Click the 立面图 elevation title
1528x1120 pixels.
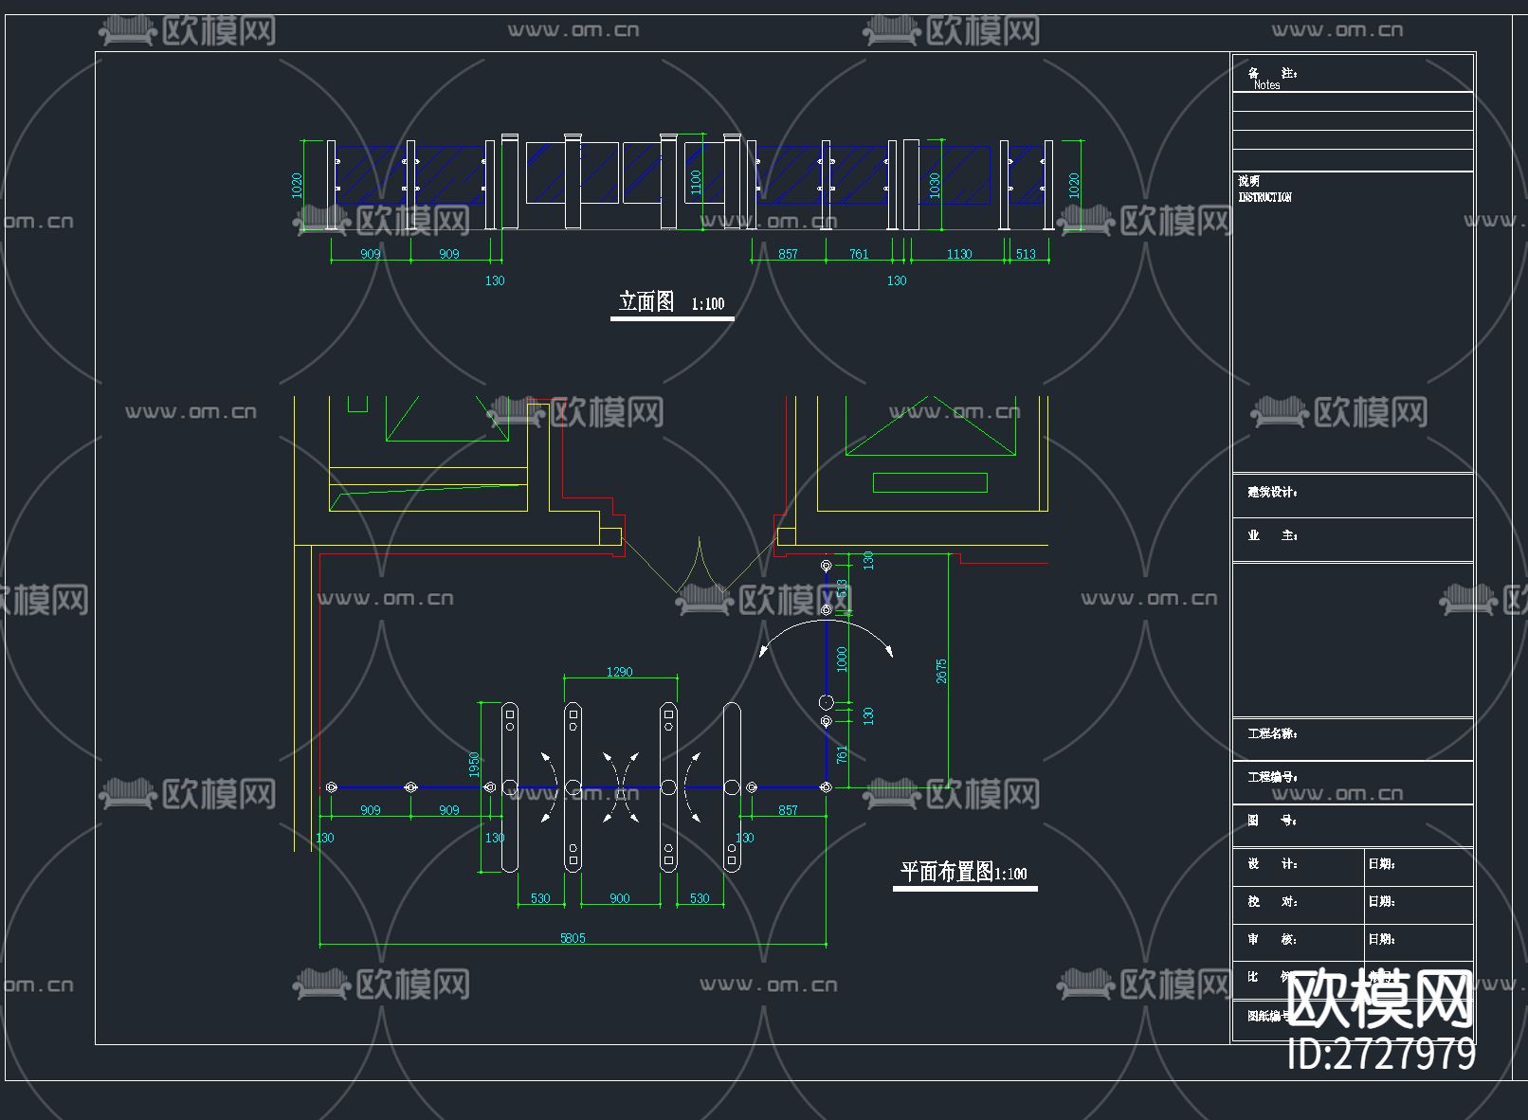coord(646,301)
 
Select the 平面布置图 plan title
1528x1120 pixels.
coord(946,872)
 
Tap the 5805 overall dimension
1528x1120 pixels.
coord(573,938)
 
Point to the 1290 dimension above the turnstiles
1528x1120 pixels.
coord(619,672)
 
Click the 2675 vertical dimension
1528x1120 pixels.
coord(941,671)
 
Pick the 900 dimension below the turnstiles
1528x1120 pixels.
coord(619,898)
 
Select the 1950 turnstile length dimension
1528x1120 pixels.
coord(474,765)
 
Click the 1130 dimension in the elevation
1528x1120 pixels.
coord(958,254)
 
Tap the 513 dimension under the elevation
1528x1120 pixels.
coord(1026,254)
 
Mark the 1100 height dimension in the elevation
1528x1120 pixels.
coord(696,182)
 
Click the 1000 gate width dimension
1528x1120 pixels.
coord(842,659)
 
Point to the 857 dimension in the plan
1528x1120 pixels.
coord(788,810)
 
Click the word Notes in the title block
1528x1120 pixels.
coord(1266,85)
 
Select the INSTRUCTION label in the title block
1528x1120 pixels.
coord(1264,197)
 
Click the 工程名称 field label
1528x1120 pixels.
coord(1272,733)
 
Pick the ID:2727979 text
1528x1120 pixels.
coord(1381,1054)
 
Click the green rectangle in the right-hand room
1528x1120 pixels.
coord(930,483)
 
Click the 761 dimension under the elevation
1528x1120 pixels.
coord(859,254)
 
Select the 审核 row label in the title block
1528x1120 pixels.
coord(1271,939)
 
